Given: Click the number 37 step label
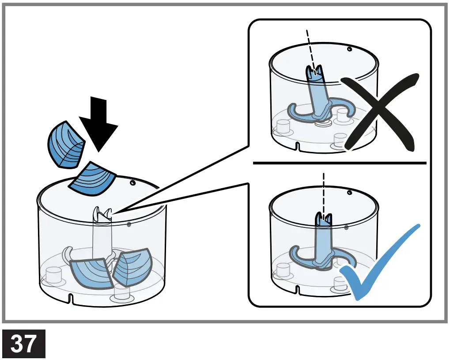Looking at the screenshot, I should [24, 344].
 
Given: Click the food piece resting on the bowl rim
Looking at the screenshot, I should [93, 179].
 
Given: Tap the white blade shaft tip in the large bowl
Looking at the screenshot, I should [102, 214].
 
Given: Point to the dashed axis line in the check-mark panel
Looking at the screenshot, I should [324, 192].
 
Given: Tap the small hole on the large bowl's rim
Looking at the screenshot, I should [132, 182].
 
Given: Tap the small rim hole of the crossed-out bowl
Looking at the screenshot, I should [349, 49].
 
